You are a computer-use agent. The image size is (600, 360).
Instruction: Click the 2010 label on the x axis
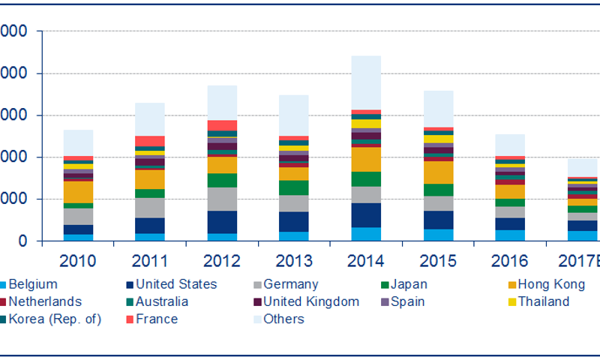point(78,261)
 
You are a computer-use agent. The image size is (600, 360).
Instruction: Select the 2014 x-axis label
point(366,261)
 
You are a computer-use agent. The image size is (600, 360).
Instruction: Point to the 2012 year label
point(222,261)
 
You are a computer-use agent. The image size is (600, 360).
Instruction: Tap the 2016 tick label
point(510,261)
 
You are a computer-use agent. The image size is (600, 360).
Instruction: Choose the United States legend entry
point(175,284)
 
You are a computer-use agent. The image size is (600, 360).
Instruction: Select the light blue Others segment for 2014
point(366,82)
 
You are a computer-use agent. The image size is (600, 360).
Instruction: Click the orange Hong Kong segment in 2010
point(78,192)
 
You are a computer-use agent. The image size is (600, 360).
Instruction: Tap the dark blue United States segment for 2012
point(222,222)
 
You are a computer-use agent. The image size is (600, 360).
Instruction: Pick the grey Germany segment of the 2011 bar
point(150,208)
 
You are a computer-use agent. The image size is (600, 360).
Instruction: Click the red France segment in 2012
point(222,125)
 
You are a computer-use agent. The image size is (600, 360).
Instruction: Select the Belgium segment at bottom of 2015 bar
point(438,235)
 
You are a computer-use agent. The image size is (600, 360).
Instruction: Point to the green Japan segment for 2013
point(294,187)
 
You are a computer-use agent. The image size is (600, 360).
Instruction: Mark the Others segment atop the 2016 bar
point(510,145)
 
